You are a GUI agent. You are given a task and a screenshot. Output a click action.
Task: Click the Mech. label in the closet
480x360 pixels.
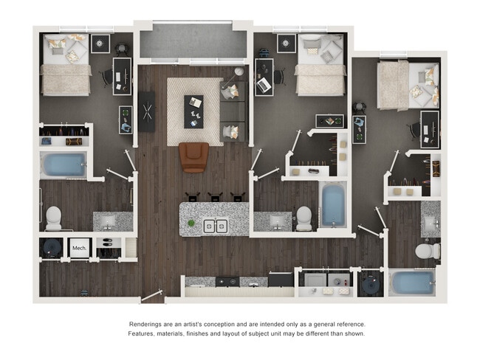tap(79, 248)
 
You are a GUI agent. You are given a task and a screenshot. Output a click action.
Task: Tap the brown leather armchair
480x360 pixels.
tap(194, 157)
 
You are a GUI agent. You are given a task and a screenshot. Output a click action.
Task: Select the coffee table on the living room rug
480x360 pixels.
tap(193, 111)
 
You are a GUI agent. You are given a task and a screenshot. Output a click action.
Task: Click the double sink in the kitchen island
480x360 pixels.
tap(216, 226)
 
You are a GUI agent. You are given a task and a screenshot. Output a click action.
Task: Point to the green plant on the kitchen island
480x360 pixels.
tap(191, 223)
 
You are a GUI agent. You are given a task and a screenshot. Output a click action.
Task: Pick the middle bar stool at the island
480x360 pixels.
tap(215, 197)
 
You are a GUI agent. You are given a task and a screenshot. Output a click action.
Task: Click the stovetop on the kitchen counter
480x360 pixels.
tap(227, 281)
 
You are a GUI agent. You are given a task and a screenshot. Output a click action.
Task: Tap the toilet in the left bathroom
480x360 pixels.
tap(54, 218)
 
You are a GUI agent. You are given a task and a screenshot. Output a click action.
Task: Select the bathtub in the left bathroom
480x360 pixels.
tap(64, 165)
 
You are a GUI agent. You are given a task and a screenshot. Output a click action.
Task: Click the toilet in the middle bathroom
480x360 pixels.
tap(304, 218)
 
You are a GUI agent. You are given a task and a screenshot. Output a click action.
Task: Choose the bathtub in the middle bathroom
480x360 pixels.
tap(333, 204)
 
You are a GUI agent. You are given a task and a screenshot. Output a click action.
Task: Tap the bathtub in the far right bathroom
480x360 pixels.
tap(412, 283)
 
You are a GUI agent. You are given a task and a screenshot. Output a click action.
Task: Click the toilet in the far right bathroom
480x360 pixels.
tap(428, 251)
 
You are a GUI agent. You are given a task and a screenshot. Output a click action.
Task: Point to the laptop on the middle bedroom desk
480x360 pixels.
tap(264, 85)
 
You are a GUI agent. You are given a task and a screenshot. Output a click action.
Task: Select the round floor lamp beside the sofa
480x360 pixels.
tap(239, 72)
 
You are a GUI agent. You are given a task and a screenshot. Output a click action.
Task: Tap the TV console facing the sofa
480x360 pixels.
tap(147, 111)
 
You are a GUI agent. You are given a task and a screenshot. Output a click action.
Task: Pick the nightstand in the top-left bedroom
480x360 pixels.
tap(100, 44)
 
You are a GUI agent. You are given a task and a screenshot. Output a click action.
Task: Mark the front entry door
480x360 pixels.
tap(151, 296)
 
